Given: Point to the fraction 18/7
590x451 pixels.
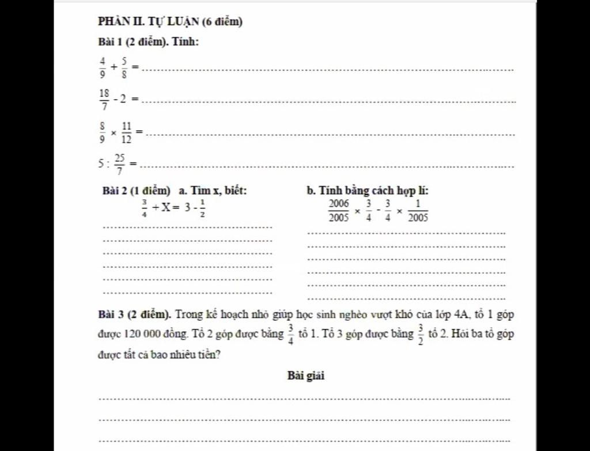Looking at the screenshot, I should [104, 100].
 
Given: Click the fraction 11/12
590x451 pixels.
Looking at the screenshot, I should [126, 132].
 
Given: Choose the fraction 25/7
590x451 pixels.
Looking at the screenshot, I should [119, 164].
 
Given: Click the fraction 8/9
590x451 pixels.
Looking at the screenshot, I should [103, 132].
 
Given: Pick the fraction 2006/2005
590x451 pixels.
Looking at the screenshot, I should [339, 211].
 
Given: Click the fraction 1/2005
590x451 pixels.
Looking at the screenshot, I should [418, 211].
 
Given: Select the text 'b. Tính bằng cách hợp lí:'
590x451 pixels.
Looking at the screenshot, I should [367, 191].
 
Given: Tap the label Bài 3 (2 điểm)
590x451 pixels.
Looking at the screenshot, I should [134, 314].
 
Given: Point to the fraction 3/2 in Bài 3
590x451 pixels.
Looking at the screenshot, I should [421, 333].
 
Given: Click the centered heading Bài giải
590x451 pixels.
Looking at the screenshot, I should [306, 376].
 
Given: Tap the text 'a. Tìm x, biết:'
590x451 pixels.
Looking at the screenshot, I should [213, 191].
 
